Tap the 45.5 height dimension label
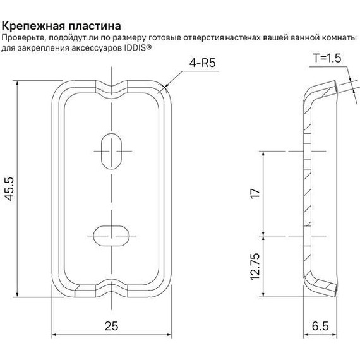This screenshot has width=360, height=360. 9,189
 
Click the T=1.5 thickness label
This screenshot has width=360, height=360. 327,57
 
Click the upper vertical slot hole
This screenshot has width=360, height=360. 112,150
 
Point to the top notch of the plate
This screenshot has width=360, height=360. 112,83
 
